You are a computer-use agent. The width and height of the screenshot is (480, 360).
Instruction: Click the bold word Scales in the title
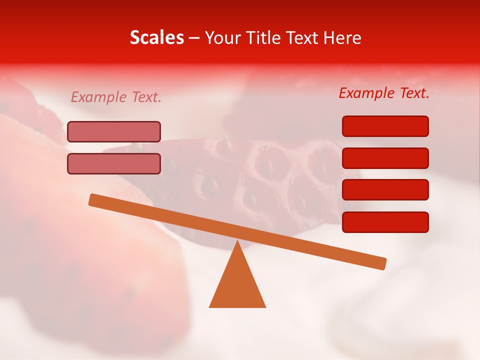point(156,38)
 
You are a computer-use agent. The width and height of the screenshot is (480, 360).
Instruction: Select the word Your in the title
point(223,38)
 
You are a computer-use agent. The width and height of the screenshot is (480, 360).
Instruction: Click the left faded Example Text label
point(116,97)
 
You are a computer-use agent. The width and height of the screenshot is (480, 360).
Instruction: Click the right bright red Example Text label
point(384,93)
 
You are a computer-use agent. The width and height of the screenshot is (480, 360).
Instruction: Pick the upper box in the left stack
point(114,131)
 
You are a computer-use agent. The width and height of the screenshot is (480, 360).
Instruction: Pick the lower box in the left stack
point(114,163)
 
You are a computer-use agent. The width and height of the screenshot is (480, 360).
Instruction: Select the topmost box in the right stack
point(385,126)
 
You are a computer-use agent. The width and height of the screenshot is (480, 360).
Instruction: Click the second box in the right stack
point(385,158)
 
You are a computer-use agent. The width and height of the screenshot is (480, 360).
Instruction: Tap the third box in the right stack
point(385,190)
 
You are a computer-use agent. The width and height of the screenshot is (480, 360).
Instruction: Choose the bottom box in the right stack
point(385,222)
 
